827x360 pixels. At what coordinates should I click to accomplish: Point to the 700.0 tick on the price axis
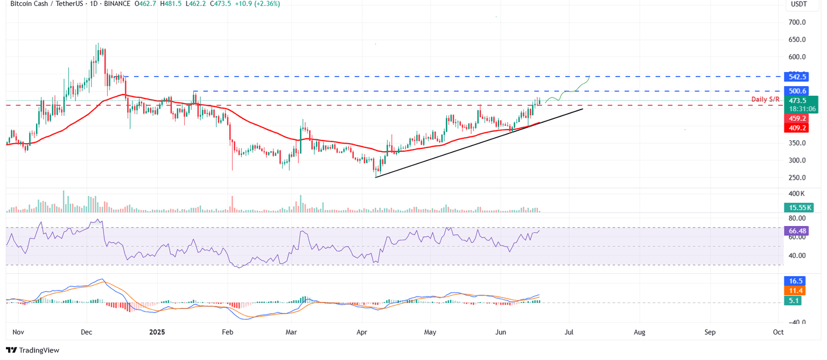click(796, 23)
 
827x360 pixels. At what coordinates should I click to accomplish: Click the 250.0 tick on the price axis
click(796, 178)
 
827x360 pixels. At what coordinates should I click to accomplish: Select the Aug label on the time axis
click(639, 333)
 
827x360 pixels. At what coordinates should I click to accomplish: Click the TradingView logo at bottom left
click(33, 350)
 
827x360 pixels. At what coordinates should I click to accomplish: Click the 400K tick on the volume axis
click(797, 193)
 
